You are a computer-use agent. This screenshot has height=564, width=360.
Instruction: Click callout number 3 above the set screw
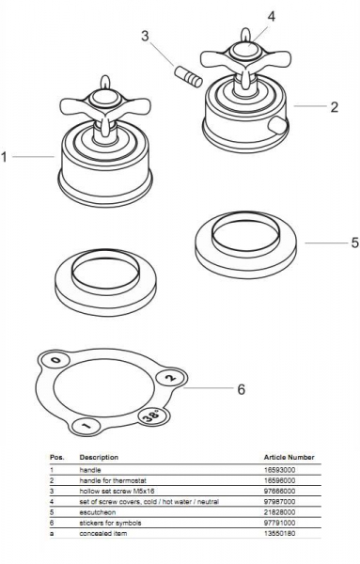pos(145,36)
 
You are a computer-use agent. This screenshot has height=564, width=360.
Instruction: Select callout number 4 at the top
pos(271,16)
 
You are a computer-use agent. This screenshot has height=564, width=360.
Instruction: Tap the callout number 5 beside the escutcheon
pos(355,243)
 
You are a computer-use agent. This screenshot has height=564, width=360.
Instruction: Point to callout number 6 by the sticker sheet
pos(242,389)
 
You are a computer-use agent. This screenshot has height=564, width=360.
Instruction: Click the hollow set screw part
pos(188,76)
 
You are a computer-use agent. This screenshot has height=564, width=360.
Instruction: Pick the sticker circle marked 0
pos(56,360)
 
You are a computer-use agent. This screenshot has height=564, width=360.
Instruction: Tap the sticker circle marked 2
pos(172,378)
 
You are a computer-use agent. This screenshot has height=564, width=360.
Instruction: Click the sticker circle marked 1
pos(86,426)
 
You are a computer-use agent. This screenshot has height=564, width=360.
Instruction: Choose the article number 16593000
pos(279,470)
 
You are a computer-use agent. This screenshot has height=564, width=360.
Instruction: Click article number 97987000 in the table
pos(279,501)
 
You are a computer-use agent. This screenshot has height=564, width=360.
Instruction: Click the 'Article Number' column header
pos(290,457)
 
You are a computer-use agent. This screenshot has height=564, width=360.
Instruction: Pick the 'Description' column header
pos(99,457)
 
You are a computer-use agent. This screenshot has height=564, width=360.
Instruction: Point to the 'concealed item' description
pos(103,533)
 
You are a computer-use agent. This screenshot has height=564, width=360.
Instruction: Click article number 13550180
pos(279,533)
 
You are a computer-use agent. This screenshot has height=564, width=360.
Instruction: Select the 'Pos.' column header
pos(56,457)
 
